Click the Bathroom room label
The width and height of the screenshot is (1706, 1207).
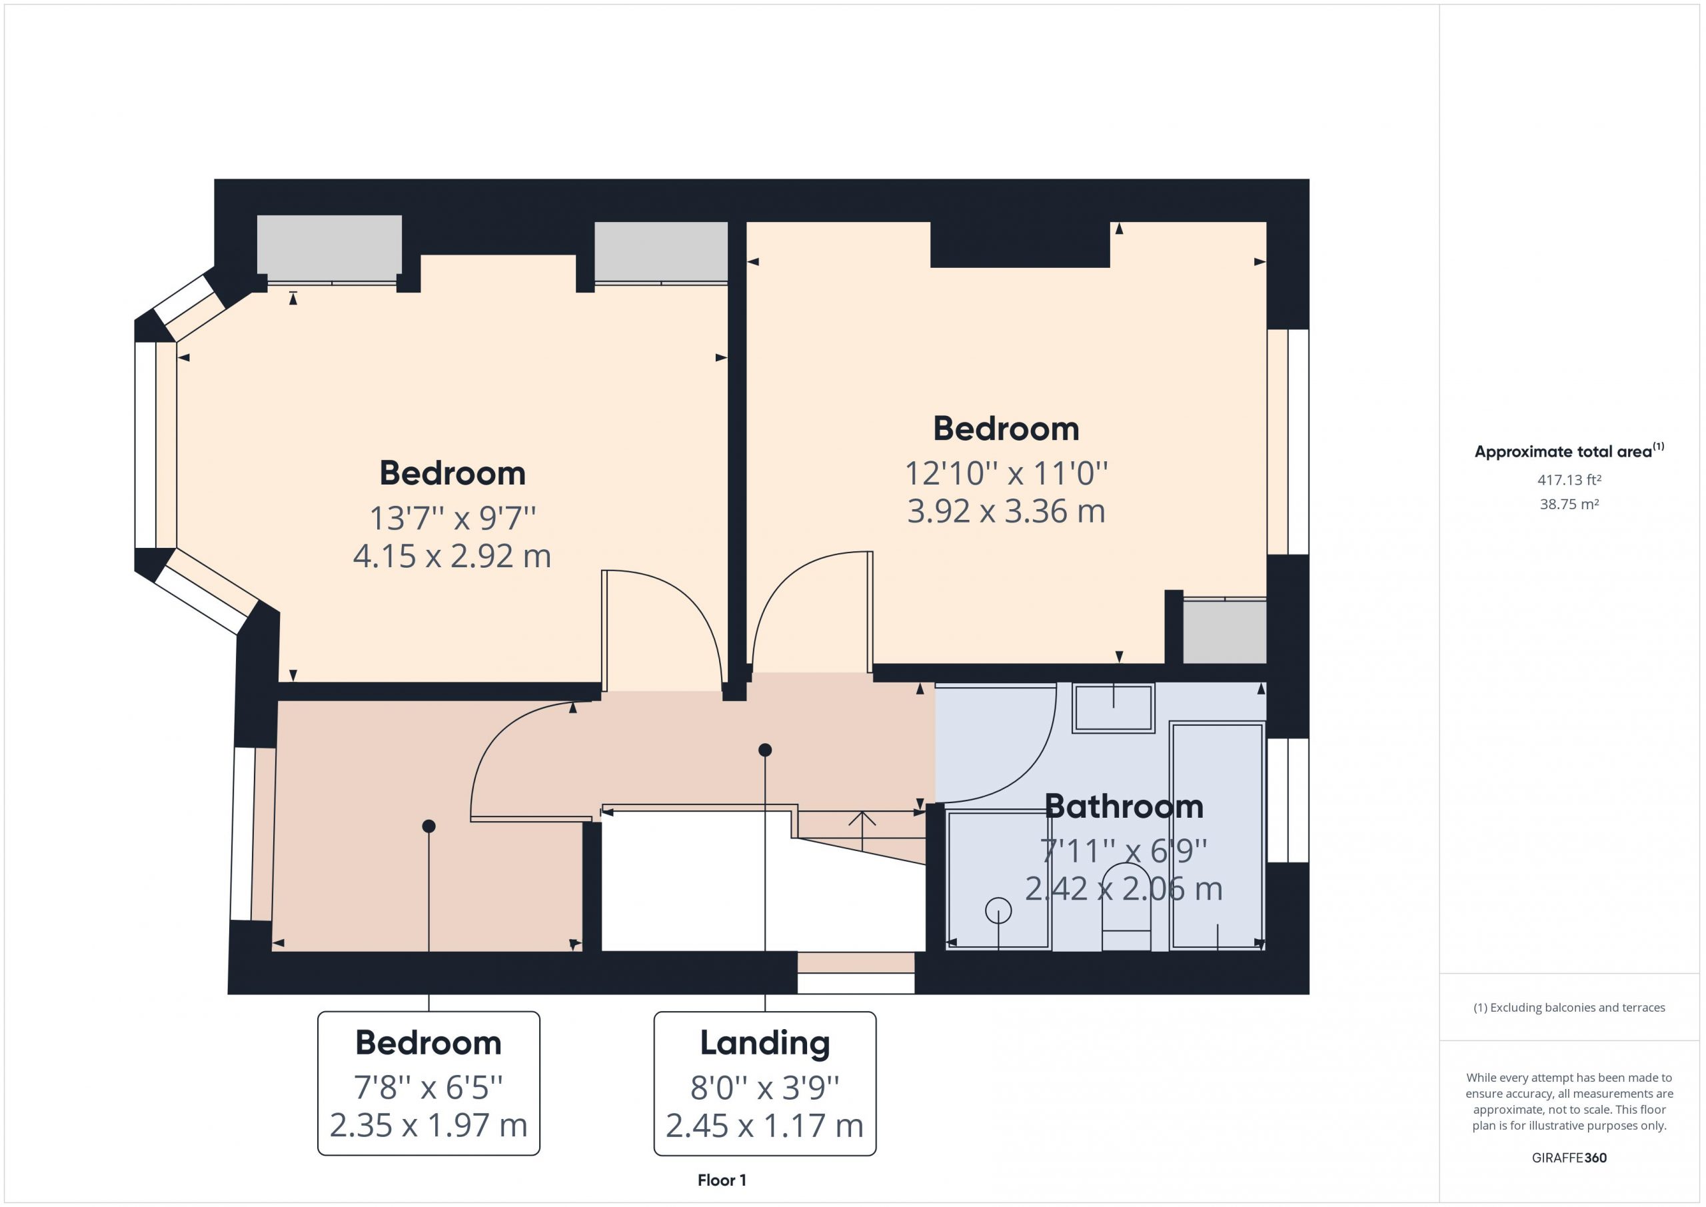(1124, 806)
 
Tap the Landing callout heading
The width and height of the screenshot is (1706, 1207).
(764, 1044)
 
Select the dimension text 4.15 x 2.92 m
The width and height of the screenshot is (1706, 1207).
(452, 556)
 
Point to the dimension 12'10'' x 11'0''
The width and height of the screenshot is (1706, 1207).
(1006, 473)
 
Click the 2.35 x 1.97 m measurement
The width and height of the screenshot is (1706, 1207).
(428, 1125)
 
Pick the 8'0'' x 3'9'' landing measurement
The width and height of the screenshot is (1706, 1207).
(764, 1087)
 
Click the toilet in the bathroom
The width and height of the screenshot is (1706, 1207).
(1126, 906)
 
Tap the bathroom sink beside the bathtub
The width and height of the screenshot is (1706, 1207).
(1113, 708)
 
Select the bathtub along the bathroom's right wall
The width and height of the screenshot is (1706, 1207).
(1217, 835)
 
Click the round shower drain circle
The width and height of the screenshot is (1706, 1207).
(999, 910)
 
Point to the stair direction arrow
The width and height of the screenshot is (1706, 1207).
(862, 831)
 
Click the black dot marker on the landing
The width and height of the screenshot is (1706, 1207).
(765, 750)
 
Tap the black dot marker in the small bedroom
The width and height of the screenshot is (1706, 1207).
(428, 826)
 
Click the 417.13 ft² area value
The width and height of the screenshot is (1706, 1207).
(1569, 480)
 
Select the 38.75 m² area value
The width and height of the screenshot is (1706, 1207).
(1569, 504)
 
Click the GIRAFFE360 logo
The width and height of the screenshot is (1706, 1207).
(1569, 1157)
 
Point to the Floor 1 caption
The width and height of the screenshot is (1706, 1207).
(722, 1180)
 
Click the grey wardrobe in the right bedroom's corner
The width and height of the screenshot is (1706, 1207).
(1224, 630)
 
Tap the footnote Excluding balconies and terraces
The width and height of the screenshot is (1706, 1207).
(1569, 1008)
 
